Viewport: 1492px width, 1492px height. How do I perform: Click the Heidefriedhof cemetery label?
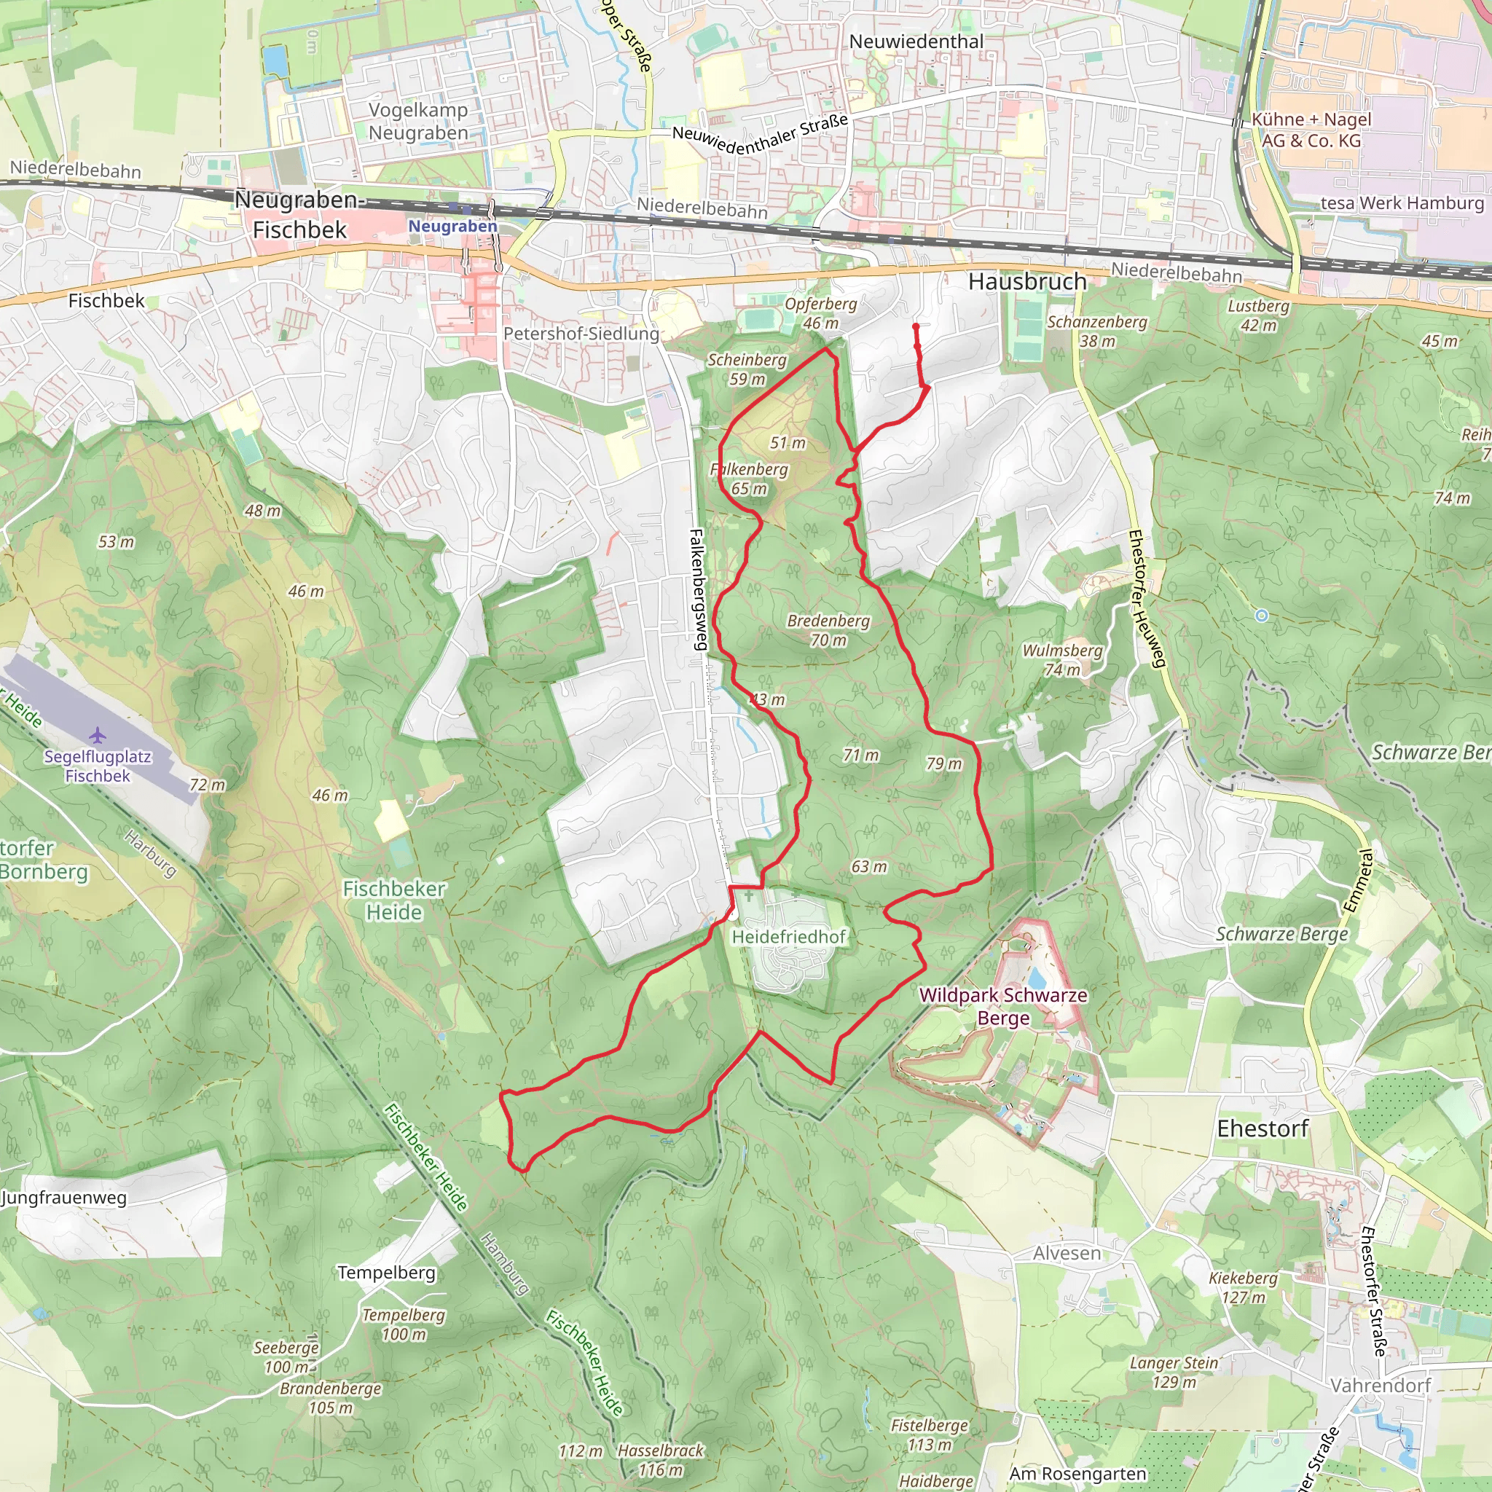tap(788, 937)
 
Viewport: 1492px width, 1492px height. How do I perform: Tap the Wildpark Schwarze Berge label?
tap(1003, 1006)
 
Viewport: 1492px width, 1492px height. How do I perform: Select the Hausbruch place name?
tap(1027, 282)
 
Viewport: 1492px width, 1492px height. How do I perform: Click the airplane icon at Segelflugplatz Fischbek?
tap(98, 734)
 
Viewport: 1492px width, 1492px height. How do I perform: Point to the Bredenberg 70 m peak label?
tap(828, 630)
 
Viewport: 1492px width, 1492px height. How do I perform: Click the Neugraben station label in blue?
tap(452, 227)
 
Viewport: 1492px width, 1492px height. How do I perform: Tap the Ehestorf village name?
tap(1263, 1129)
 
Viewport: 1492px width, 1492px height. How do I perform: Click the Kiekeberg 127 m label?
tap(1244, 1287)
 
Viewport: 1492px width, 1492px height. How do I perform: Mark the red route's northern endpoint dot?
tap(916, 326)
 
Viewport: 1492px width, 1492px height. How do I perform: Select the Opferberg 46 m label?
tap(821, 313)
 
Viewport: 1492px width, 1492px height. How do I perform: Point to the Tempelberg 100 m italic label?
tap(404, 1324)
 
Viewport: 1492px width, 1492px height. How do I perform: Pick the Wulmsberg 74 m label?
tap(1062, 660)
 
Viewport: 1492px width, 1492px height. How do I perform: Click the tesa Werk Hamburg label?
tap(1402, 203)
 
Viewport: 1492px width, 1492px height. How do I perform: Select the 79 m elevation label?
tap(943, 763)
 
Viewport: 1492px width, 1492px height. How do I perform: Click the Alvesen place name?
tap(1067, 1252)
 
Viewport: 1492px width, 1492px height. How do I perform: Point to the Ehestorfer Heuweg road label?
tap(1147, 599)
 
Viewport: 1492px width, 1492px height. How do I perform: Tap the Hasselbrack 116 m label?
tap(660, 1461)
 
